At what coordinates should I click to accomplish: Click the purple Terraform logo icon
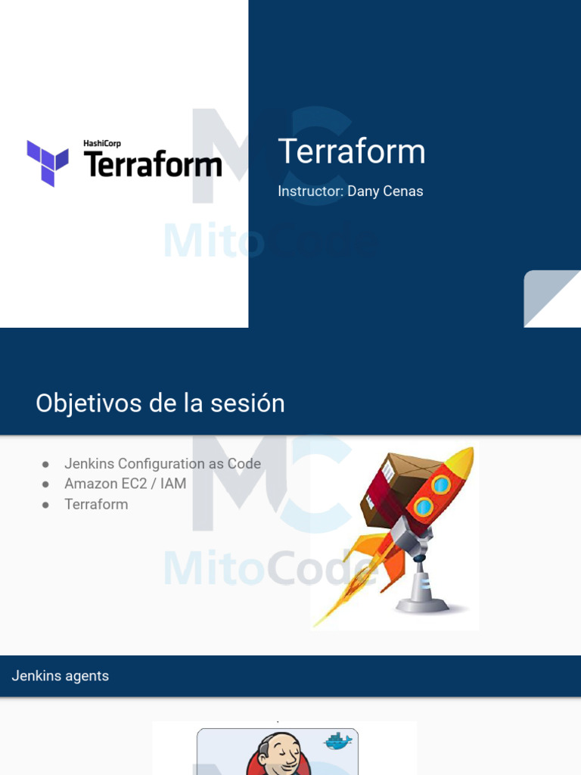[48, 162]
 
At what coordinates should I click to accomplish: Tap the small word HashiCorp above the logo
[102, 143]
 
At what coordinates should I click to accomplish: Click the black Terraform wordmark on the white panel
[152, 163]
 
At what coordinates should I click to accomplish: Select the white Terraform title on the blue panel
[352, 151]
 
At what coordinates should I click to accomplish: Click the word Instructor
[310, 191]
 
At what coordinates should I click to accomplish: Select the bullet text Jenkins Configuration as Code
[163, 464]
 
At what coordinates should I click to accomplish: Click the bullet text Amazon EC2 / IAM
[125, 484]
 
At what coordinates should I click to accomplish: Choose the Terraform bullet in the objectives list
[96, 504]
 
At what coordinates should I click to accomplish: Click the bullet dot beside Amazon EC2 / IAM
[45, 484]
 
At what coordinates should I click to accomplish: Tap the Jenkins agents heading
[61, 676]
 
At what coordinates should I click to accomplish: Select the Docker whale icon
[337, 741]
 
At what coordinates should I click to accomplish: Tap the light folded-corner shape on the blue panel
[552, 299]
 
